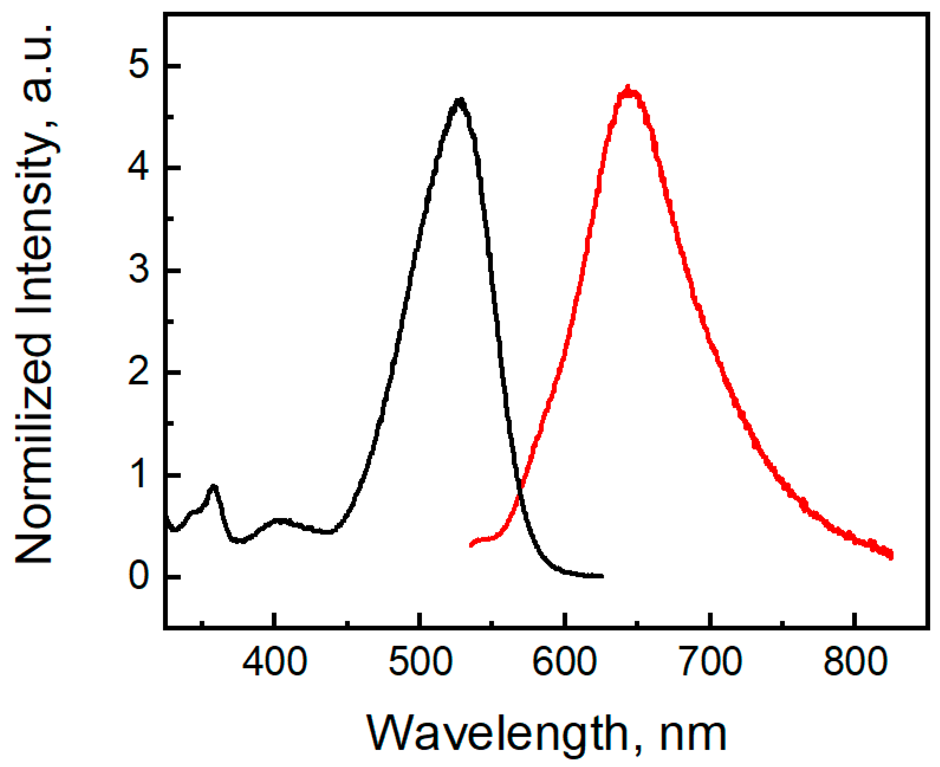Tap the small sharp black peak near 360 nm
[214, 487]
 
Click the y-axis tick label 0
[139, 576]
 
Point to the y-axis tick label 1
[139, 475]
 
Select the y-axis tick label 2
[139, 372]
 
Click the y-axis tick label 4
[139, 168]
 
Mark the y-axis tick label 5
[139, 66]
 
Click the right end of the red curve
[891, 555]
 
